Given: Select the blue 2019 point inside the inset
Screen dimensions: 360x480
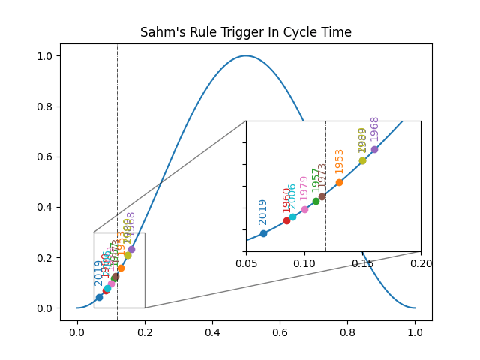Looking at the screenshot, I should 263,233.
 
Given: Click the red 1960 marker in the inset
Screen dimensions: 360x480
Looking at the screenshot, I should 286,220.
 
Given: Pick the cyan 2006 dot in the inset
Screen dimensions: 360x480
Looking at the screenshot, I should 292,216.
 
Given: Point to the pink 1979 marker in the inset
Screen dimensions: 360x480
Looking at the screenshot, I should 304,209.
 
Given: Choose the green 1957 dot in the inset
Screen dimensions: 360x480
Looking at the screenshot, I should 316,201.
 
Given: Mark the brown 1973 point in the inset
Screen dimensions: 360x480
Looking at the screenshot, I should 322,196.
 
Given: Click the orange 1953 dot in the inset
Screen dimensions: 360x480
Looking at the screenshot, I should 339,182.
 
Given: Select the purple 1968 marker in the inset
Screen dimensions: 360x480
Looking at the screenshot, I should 374,149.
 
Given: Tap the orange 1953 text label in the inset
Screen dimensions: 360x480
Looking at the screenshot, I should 340,162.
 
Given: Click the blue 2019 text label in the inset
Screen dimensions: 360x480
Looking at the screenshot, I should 263,211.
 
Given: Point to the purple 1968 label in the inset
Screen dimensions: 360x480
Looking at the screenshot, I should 375,129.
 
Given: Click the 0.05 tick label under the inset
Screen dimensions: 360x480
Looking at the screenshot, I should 246,264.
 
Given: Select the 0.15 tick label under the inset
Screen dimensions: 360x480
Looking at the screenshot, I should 362,264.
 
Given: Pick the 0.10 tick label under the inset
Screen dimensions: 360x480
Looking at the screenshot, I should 304,264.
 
